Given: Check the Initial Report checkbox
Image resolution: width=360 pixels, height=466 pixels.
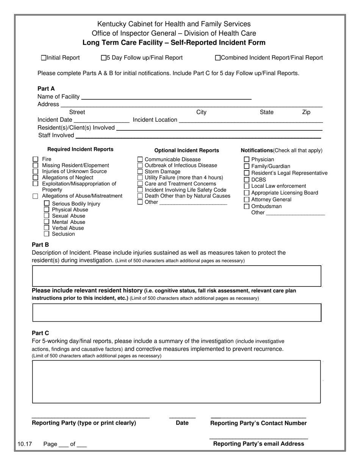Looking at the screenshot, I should point(44,58).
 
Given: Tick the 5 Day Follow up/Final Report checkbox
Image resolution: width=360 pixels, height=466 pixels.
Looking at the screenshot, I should point(103,58).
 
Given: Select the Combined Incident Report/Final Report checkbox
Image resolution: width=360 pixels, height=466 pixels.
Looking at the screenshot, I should point(218,58).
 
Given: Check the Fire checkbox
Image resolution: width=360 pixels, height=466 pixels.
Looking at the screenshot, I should point(36,159).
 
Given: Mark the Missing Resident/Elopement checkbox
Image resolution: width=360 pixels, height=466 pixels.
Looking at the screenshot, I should point(36,165).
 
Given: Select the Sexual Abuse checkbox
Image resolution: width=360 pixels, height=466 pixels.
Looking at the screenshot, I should point(47,216).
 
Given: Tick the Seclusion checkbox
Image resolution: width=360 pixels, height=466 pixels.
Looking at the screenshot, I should point(47,234).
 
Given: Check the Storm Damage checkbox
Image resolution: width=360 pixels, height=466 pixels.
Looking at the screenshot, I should point(140,172).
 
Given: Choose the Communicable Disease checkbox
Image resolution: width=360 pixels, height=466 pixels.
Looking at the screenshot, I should point(140,160).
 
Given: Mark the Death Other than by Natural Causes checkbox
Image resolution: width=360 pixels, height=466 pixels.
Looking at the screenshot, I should point(140,196).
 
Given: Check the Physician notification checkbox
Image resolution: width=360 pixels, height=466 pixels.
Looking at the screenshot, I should point(247,160).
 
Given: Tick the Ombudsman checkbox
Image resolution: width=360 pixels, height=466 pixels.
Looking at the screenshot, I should point(247,206).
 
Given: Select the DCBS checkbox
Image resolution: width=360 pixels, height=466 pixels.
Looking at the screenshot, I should point(247,180).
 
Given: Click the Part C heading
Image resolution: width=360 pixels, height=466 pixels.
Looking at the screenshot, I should point(41,333).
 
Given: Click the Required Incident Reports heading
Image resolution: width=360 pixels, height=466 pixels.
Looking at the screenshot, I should point(80,149).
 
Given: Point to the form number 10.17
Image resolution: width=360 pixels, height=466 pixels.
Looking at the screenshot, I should point(24,444).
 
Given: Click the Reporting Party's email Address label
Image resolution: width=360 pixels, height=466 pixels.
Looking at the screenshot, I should point(258,444).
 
